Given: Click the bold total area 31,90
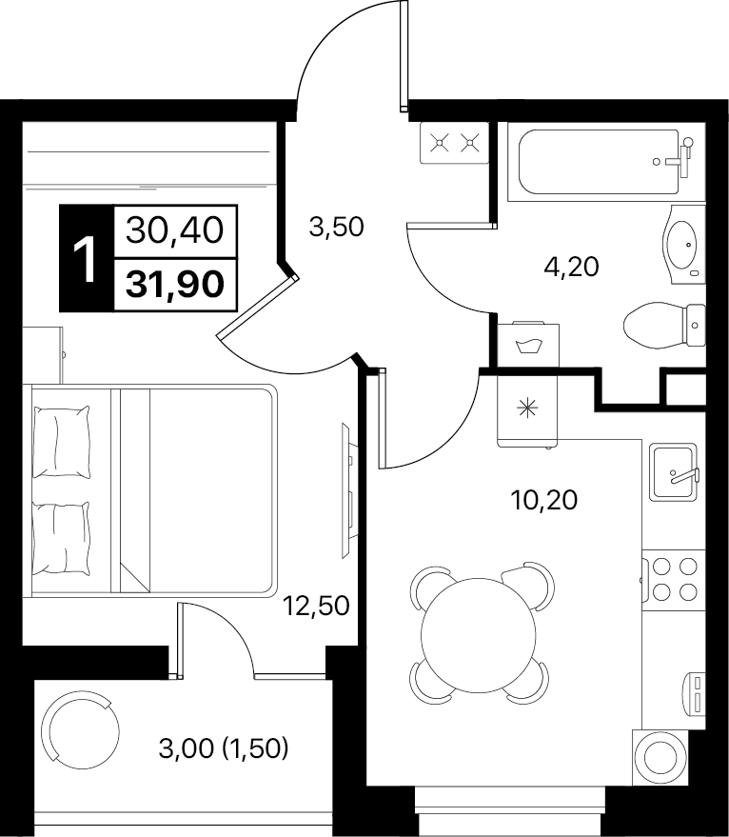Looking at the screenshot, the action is tap(174, 284).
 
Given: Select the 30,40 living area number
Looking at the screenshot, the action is tap(174, 230).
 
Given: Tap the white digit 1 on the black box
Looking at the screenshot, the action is tap(86, 260).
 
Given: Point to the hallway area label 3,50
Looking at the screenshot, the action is tap(336, 227).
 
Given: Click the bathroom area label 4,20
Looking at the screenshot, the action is tap(571, 267).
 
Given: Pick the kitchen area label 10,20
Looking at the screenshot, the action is tap(543, 500).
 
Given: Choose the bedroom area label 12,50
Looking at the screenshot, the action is tap(316, 606).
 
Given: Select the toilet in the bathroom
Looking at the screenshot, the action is tap(664, 325).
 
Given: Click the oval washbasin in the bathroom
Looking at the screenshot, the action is tap(683, 245).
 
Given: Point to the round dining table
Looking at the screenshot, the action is tap(478, 634).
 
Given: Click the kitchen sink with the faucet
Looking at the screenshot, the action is tap(674, 472).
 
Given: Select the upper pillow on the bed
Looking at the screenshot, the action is tap(61, 442).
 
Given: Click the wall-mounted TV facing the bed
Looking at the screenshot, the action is tap(347, 490).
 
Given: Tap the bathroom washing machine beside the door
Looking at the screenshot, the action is tap(528, 345).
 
